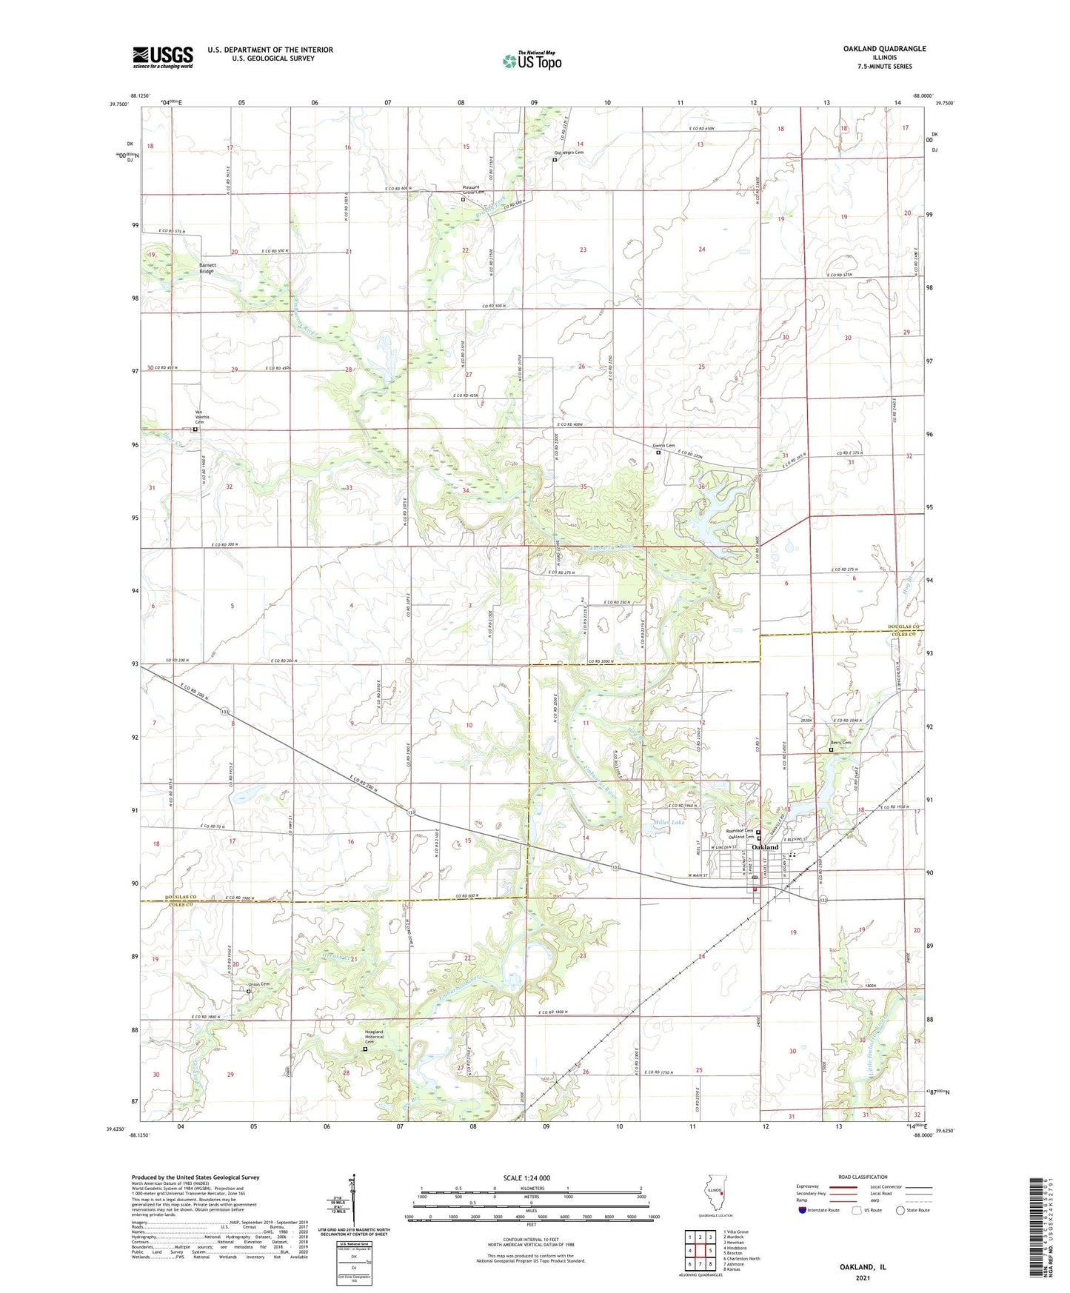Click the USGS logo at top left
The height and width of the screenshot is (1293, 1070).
coord(163,57)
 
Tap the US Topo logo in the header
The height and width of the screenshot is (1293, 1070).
coord(531,61)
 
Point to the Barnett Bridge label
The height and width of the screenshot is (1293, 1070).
coord(207,268)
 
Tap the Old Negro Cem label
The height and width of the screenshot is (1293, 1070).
coord(569,153)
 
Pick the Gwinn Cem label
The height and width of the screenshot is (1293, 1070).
coord(664,446)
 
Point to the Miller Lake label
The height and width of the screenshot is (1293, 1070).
coord(669,823)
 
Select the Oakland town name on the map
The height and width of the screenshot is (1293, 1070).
coord(765,846)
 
